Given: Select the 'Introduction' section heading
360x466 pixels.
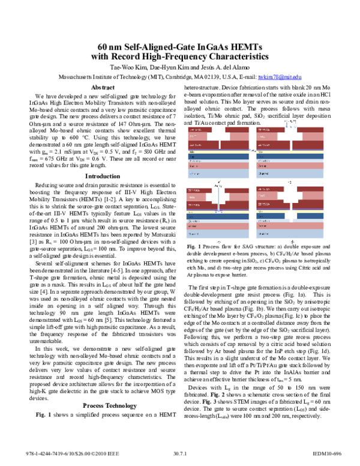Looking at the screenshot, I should [x=103, y=176].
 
